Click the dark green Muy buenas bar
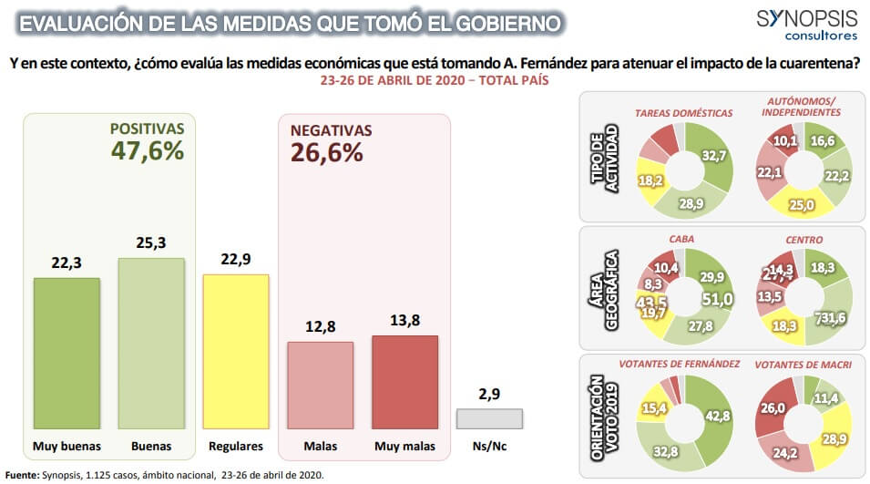[67, 353]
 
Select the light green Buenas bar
[151, 343]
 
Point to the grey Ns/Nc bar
[489, 418]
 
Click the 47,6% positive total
[148, 151]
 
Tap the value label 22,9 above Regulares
[235, 259]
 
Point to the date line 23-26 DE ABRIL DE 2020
[434, 81]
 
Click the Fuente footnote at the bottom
[164, 475]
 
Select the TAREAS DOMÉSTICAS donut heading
[683, 113]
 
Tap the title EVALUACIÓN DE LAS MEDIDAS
[290, 21]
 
